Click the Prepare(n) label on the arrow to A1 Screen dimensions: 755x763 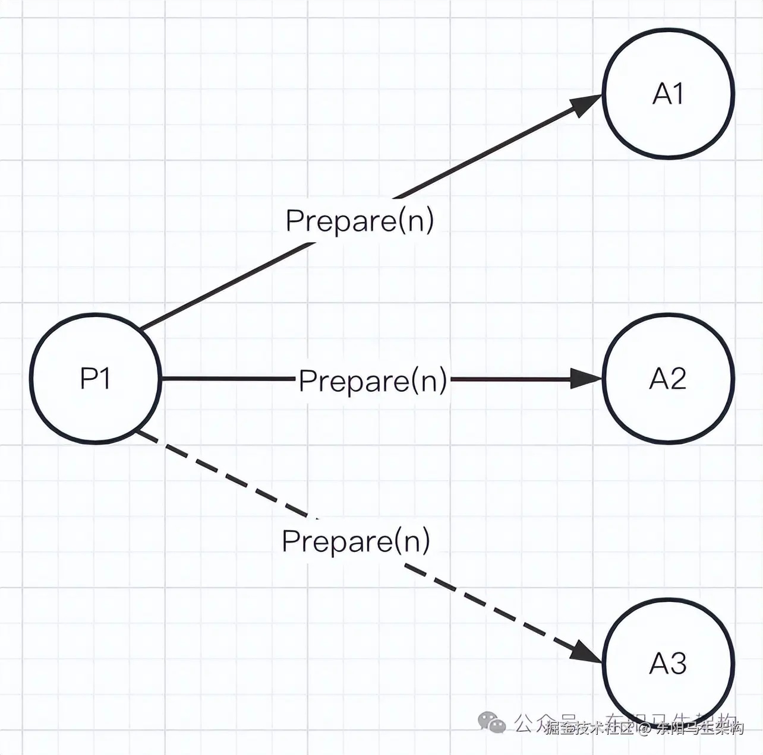tap(360, 221)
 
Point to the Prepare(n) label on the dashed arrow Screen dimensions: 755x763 tap(356, 541)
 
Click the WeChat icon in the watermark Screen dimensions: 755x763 tap(492, 723)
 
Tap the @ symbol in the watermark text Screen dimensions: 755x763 tap(645, 728)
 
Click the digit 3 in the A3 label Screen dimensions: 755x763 tap(679, 664)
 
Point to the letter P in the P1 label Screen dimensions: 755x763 tap(89, 378)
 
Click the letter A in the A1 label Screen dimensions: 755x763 tap(661, 94)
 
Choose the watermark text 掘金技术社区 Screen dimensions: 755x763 tap(590, 728)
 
